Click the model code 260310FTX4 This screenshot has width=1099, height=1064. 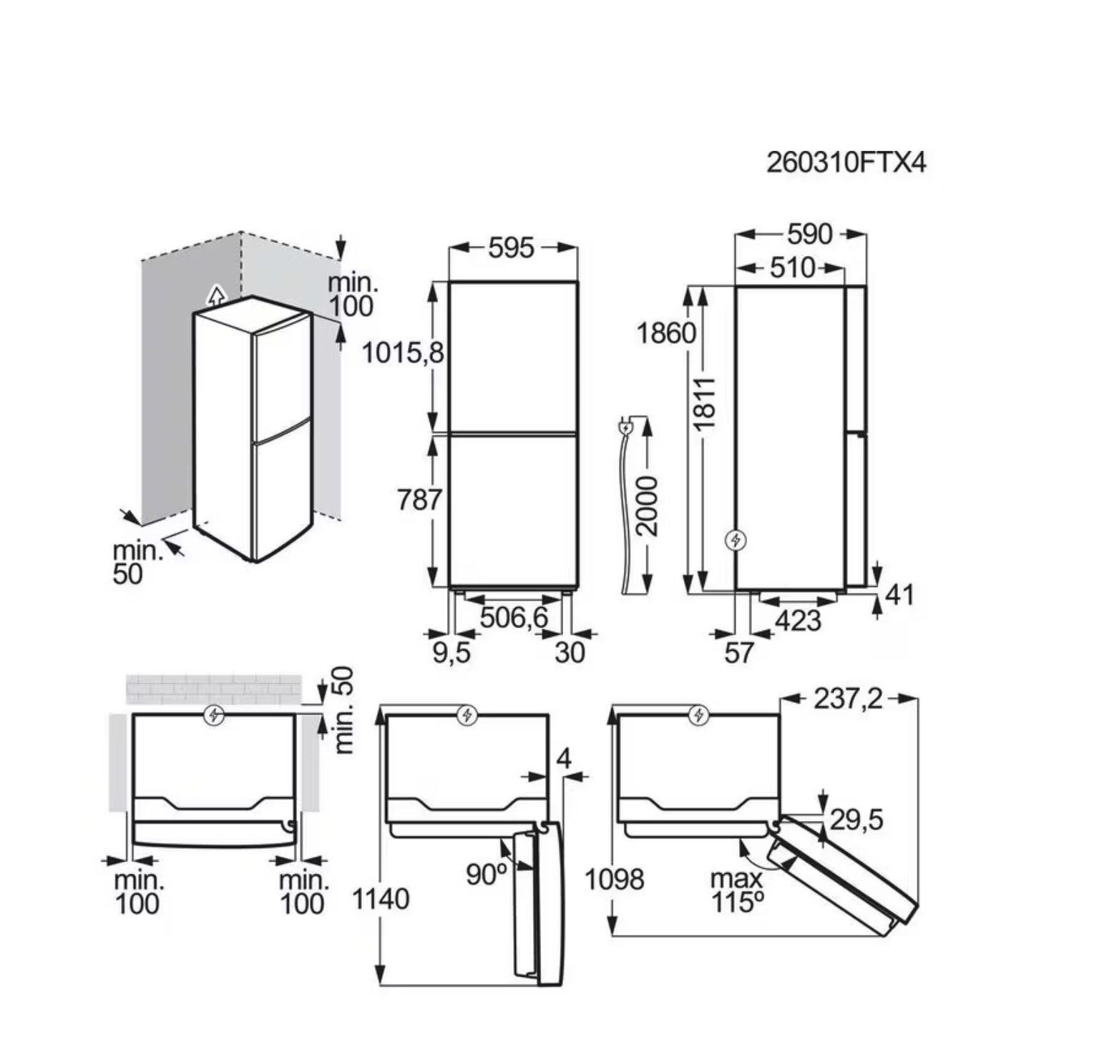point(846,162)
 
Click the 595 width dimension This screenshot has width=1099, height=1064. point(512,247)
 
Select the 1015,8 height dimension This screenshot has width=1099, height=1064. point(403,353)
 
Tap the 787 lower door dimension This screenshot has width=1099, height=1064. point(419,499)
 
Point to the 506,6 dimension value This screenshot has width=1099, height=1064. point(513,617)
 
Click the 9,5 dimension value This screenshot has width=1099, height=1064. point(451,652)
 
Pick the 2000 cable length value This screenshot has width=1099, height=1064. point(647,506)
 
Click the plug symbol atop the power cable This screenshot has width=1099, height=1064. point(625,427)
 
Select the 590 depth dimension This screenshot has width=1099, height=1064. point(810,234)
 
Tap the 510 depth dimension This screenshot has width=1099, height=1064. point(793,267)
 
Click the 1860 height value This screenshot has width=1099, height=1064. point(666,333)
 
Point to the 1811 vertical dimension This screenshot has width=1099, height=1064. point(705,403)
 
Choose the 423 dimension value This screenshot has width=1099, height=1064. point(798,621)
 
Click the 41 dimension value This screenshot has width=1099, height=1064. point(899,595)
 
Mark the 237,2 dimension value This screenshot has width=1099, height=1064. point(849,699)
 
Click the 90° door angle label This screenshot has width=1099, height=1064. point(487,874)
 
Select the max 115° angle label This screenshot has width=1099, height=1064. point(736,890)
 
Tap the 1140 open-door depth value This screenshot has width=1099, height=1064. point(381,900)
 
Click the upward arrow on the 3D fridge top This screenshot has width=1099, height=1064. point(215,295)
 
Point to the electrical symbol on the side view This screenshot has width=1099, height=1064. point(736,541)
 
